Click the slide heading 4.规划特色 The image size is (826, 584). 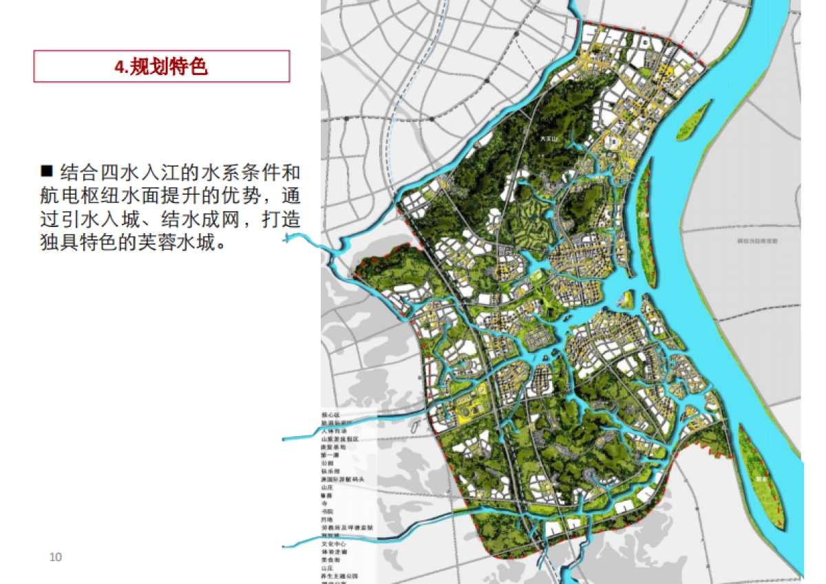pyautogui.click(x=161, y=67)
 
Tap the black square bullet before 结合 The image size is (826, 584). pyautogui.click(x=47, y=170)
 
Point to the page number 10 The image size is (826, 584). pyautogui.click(x=56, y=556)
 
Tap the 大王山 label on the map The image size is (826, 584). pyautogui.click(x=549, y=138)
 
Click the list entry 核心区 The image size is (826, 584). pyautogui.click(x=331, y=415)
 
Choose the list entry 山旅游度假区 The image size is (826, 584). pyautogui.click(x=340, y=438)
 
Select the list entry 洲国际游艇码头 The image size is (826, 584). pyautogui.click(x=346, y=479)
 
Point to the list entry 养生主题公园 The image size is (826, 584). pyautogui.click(x=339, y=575)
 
